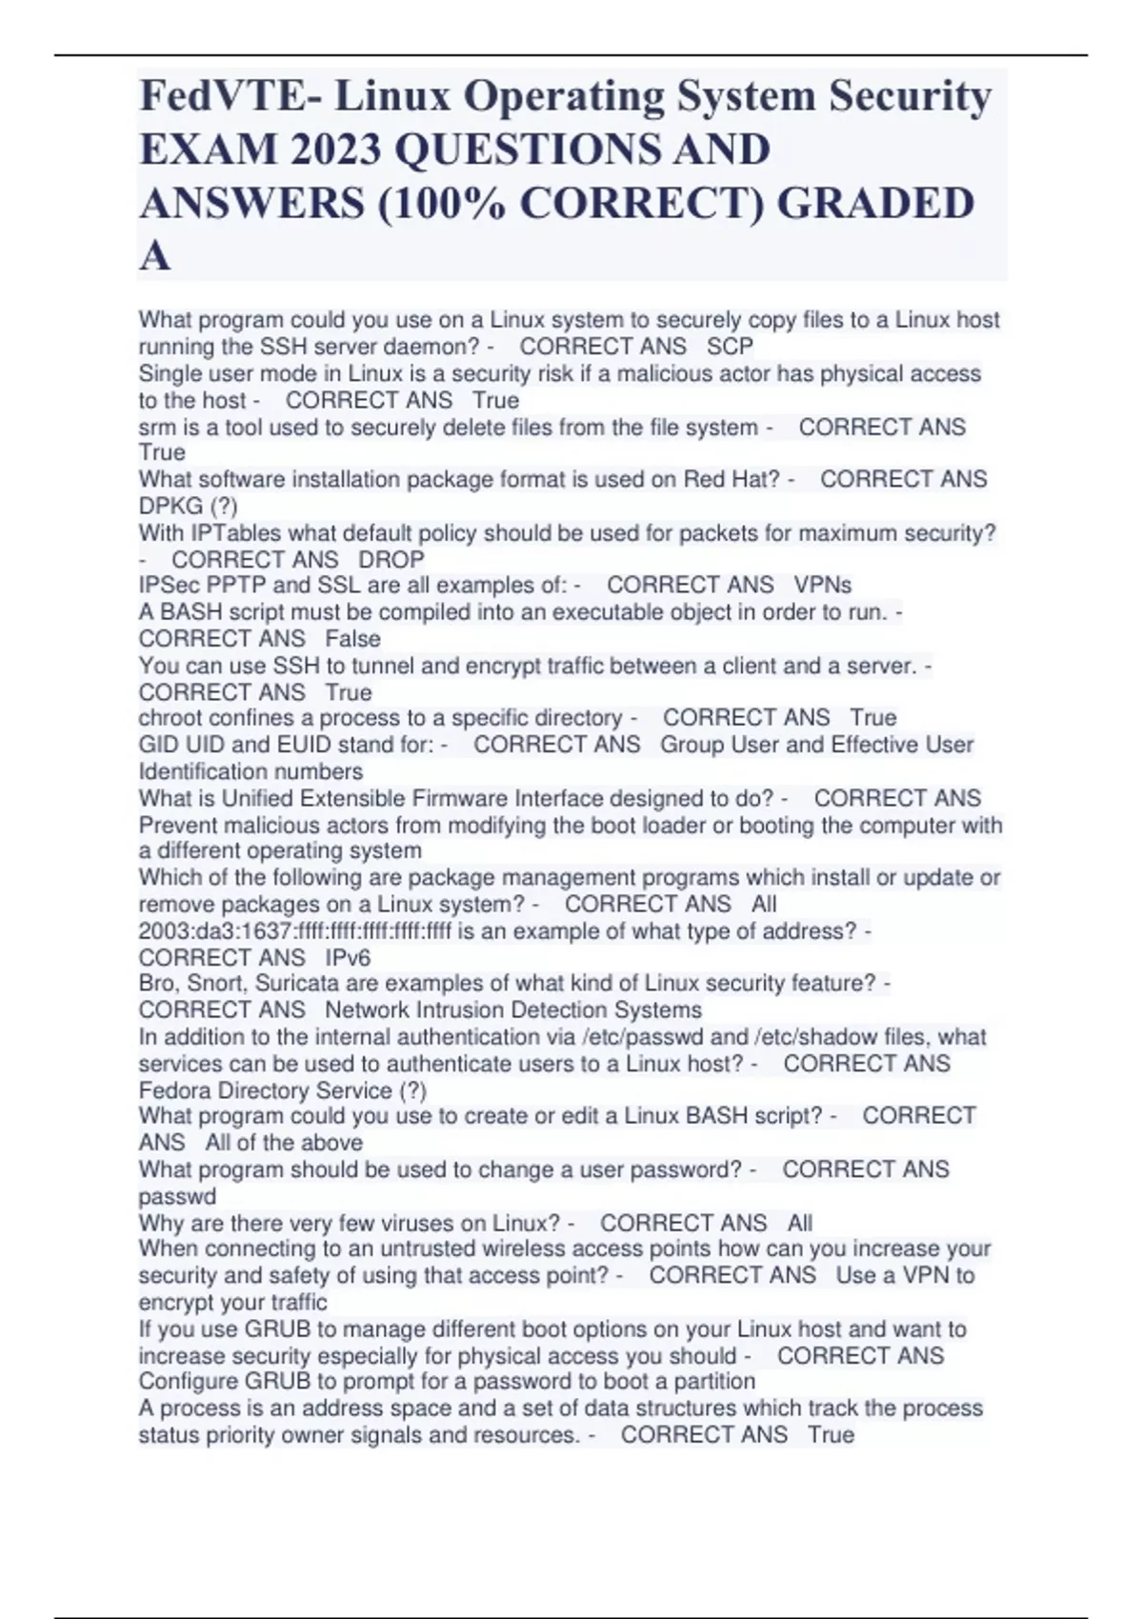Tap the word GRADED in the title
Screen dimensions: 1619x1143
876,204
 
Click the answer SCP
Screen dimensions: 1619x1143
730,347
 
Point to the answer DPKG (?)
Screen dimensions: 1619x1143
188,506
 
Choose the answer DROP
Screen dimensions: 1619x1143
391,559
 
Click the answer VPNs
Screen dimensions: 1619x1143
822,585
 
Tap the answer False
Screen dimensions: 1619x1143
352,639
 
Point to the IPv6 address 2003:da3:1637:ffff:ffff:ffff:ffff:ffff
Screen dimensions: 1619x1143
295,931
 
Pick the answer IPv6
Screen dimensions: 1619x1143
348,958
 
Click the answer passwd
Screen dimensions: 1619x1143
177,1197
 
